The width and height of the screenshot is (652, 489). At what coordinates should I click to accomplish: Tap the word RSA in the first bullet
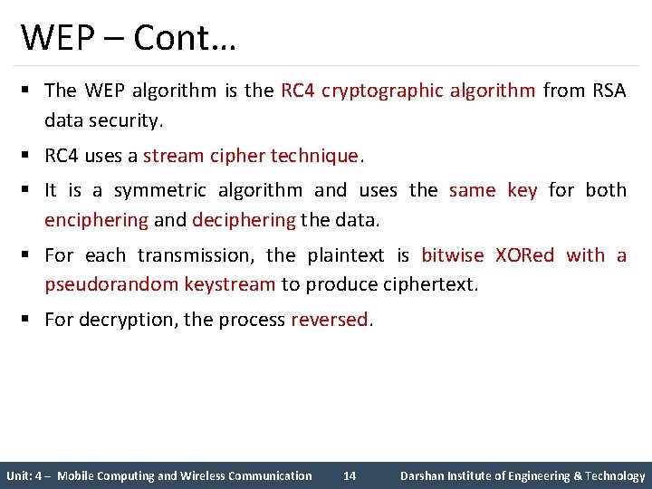[609, 91]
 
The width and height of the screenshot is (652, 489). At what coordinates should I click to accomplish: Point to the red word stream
[174, 156]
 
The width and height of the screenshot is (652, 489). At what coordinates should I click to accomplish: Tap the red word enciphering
[97, 219]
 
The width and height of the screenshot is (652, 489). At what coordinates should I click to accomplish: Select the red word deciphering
[244, 219]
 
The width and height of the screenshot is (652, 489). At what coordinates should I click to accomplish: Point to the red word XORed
[524, 255]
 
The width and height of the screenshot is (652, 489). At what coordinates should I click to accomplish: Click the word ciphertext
[426, 284]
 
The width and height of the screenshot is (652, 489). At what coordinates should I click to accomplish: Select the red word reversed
[330, 320]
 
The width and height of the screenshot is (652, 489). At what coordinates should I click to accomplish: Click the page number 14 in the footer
[350, 475]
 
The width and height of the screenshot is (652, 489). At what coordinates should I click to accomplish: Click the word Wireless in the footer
[203, 475]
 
